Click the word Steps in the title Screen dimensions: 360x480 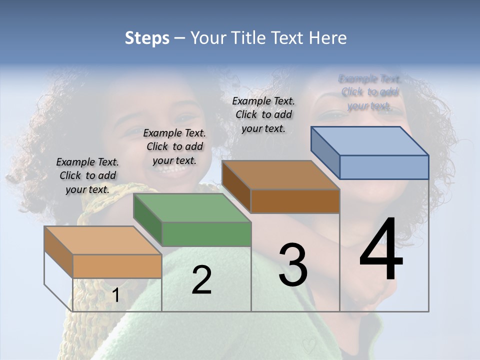pos(147,38)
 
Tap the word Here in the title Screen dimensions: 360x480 pos(328,38)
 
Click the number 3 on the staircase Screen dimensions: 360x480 pos(293,264)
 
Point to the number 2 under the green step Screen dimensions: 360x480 pos(201,280)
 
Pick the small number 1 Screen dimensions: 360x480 pos(115,295)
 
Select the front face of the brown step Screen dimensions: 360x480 pos(295,201)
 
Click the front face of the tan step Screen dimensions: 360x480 pos(117,266)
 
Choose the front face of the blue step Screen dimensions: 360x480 pos(384,167)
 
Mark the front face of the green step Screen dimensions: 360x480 pos(206,234)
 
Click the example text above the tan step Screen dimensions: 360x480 pos(87,175)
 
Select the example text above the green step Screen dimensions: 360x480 pos(174,146)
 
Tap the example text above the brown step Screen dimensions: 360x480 pos(263,114)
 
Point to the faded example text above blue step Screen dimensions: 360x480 pos(369,92)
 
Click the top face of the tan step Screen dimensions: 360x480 pos(103,240)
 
